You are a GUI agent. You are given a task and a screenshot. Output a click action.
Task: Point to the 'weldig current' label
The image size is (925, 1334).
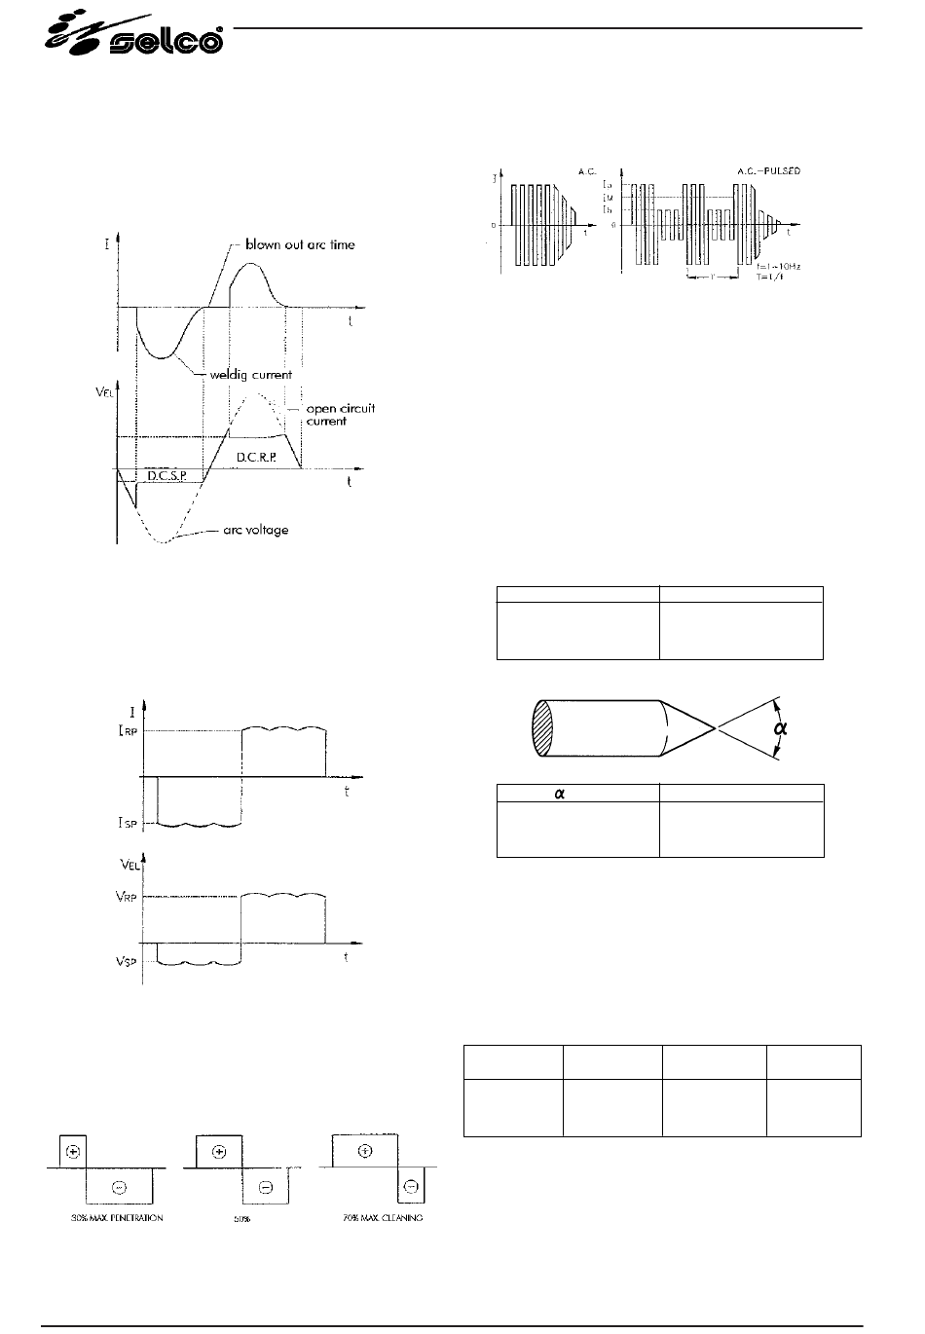pos(250,375)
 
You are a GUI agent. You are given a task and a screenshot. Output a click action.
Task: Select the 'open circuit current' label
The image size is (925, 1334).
pos(333,415)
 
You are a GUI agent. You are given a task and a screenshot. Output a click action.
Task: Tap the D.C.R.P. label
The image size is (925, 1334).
pos(257,455)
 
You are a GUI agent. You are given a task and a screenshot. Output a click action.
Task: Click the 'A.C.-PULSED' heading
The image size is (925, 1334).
pos(769,170)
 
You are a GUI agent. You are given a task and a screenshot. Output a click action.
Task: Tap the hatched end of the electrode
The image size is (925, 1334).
pos(542,727)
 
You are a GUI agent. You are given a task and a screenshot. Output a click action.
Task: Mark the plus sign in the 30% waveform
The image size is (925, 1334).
pos(72,1150)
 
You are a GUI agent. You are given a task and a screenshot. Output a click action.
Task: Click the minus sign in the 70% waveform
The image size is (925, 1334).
pos(411,1186)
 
